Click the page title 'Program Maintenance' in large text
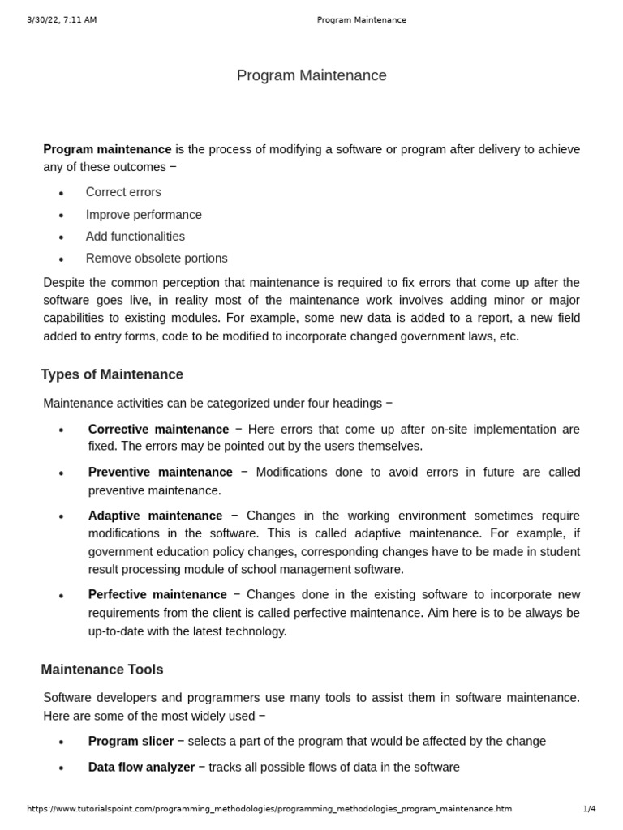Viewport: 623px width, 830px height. coord(311,75)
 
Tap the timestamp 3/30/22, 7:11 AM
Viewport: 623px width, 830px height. coord(61,19)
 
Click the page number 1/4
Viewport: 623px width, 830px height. coord(589,808)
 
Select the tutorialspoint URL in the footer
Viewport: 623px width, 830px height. coord(269,808)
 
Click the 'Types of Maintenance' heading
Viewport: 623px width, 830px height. coord(112,374)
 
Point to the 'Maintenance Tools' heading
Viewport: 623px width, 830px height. coord(102,670)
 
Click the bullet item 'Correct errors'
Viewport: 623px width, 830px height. coord(123,192)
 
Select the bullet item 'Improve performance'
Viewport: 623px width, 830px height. coord(144,215)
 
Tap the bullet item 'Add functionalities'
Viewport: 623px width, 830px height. coord(135,237)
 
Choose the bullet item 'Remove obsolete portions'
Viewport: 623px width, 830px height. coord(157,259)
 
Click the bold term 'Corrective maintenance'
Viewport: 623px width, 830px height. coord(158,429)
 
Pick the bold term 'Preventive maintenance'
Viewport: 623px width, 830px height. coord(160,472)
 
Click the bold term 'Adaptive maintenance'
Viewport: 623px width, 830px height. coord(155,516)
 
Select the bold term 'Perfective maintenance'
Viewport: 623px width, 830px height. coord(157,594)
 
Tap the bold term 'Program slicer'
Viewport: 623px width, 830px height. coord(131,741)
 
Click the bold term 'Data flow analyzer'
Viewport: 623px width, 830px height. coord(141,767)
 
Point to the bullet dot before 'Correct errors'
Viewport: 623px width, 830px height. coord(62,194)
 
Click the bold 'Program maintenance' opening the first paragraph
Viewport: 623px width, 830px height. coord(107,149)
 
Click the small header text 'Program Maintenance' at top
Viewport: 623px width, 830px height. coord(361,19)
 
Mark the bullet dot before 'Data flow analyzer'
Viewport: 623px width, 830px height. coord(62,768)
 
